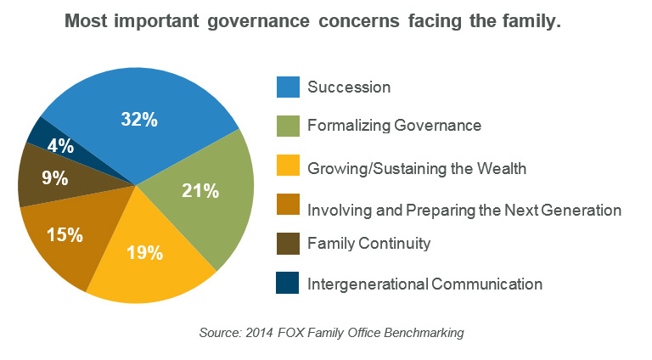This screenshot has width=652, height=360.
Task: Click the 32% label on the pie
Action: tap(139, 120)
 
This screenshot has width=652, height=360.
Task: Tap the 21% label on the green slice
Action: tap(200, 191)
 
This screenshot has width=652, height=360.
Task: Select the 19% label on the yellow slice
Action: tap(144, 252)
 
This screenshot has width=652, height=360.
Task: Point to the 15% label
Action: tap(65, 234)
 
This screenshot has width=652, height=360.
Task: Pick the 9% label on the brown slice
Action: tap(55, 178)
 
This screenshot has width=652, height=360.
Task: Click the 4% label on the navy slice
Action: tap(61, 146)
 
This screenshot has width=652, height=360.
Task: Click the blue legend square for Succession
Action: tap(288, 87)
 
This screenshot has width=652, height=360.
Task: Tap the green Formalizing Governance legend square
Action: tap(288, 126)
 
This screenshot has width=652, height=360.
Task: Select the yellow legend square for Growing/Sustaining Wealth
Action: tap(288, 165)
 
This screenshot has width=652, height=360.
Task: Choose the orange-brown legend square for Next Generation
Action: tap(288, 204)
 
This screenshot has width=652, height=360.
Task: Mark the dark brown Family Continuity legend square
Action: tap(288, 243)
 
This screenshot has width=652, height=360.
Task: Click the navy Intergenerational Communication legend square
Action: tap(287, 283)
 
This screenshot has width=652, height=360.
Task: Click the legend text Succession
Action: tap(349, 87)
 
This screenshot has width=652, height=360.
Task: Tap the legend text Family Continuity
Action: tap(368, 243)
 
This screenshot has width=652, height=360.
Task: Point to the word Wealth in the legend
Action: tap(502, 168)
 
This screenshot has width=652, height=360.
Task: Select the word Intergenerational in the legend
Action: tap(368, 284)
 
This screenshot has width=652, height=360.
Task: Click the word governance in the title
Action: tap(258, 20)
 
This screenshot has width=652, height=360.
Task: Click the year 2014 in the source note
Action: tap(259, 333)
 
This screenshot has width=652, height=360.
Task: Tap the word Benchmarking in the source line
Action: tap(424, 333)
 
